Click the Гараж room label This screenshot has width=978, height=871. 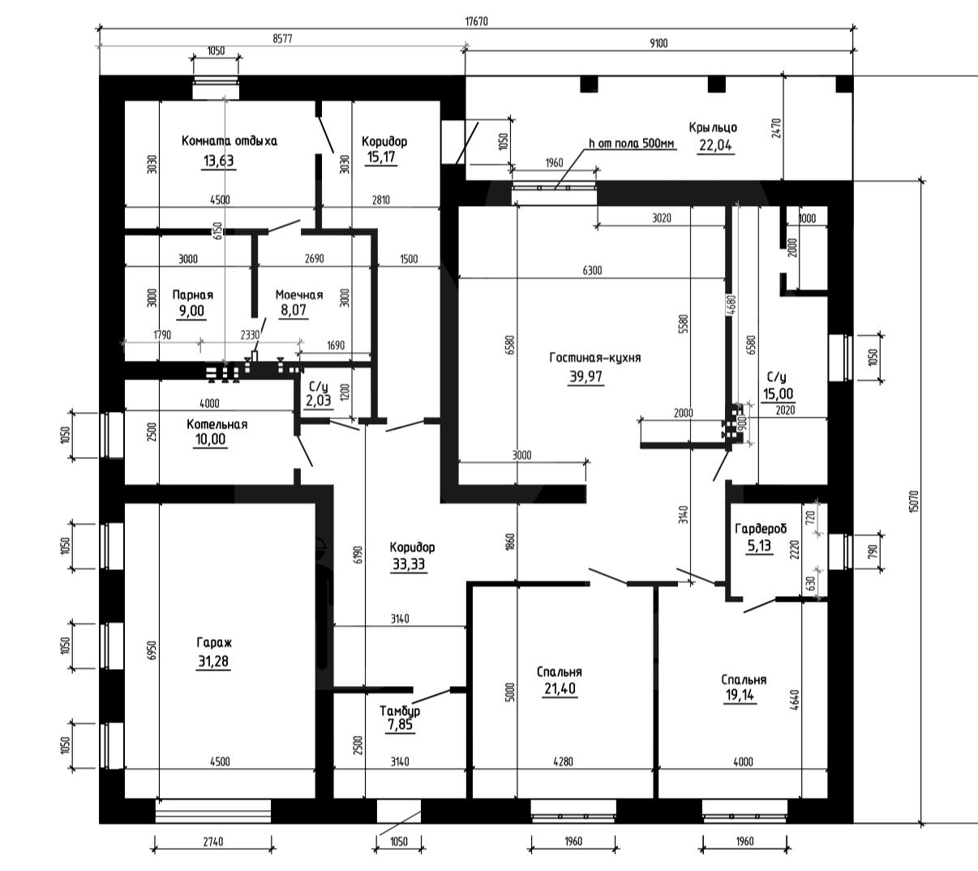(x=214, y=643)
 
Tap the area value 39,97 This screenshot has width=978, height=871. (x=586, y=376)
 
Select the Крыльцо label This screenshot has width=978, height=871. (x=713, y=127)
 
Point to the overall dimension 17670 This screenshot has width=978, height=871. (x=477, y=22)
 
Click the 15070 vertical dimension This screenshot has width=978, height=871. (x=914, y=502)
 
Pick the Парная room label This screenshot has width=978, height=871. (x=193, y=294)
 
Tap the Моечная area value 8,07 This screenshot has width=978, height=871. (x=294, y=310)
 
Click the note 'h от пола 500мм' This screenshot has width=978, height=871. (x=632, y=144)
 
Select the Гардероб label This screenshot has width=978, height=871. (x=761, y=529)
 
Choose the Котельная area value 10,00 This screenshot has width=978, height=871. (x=210, y=440)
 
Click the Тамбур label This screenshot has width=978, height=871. (x=400, y=710)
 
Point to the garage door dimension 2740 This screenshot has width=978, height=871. (x=213, y=842)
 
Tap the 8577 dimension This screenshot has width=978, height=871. (x=282, y=39)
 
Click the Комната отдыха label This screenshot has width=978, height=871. (x=229, y=141)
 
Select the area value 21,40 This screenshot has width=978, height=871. (x=560, y=689)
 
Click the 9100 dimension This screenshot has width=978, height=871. (x=658, y=44)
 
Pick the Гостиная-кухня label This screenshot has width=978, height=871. (x=595, y=358)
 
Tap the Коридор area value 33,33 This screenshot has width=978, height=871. (x=409, y=564)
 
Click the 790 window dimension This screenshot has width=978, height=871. (x=872, y=551)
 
